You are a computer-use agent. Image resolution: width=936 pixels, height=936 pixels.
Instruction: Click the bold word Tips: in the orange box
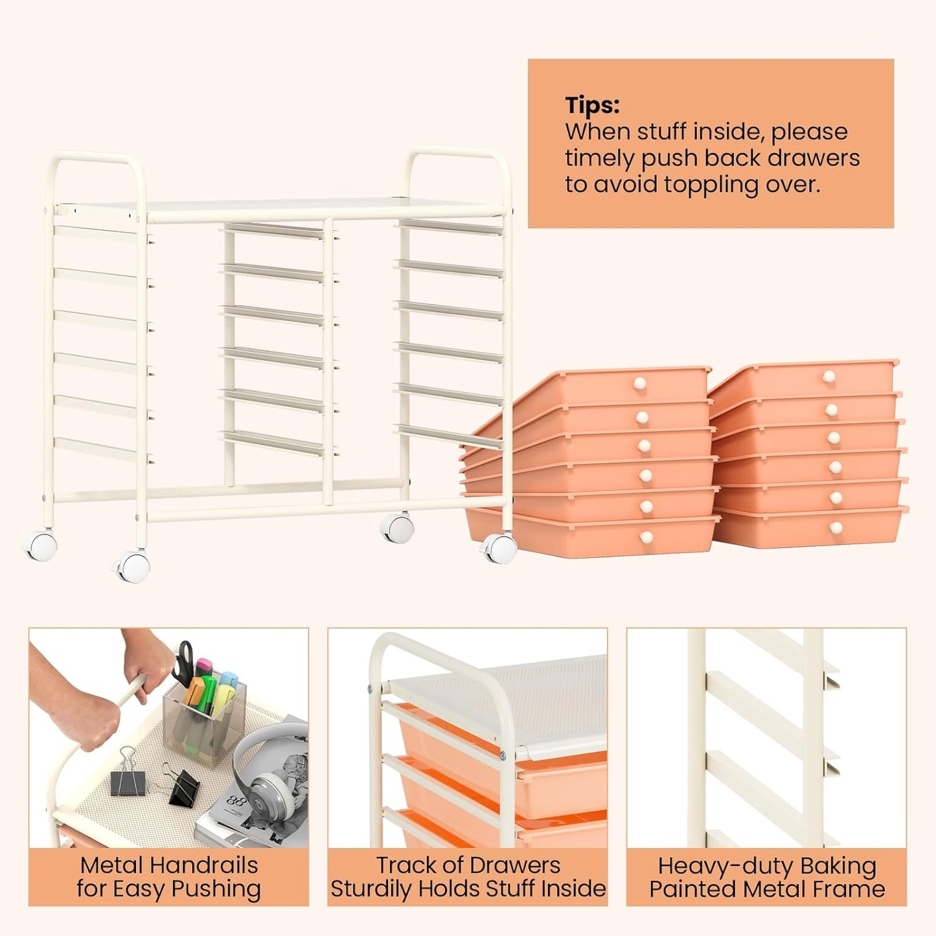pyautogui.click(x=592, y=105)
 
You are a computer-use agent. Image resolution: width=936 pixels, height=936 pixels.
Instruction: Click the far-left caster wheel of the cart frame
pyautogui.click(x=41, y=545)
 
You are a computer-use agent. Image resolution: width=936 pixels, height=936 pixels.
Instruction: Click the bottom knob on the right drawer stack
pyautogui.click(x=836, y=529)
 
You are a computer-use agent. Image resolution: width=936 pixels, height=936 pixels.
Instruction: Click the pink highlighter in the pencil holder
pyautogui.click(x=204, y=667)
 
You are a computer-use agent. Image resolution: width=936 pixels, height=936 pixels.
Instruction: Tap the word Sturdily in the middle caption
pyautogui.click(x=372, y=889)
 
